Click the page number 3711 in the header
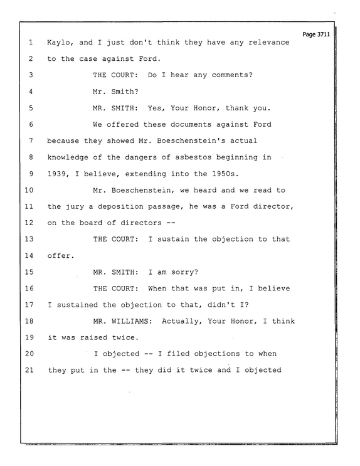point(324,34)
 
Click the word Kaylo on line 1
point(59,43)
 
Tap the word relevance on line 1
point(268,42)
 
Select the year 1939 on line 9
point(57,174)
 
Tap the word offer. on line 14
point(61,256)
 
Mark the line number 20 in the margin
point(29,354)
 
